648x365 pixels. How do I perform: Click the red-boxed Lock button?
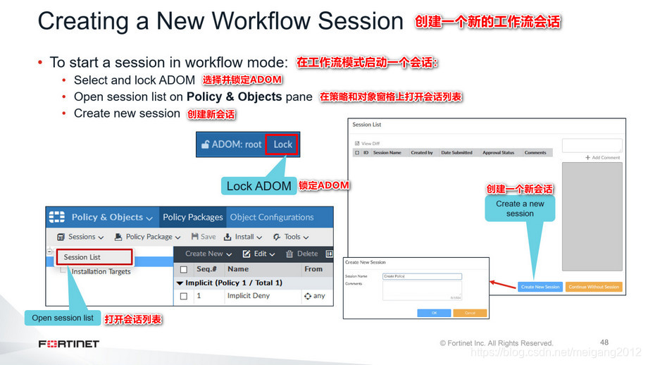coord(282,144)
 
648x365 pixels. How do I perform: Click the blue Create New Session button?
coord(540,287)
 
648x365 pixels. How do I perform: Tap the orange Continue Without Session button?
coord(593,287)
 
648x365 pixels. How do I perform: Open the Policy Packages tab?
coord(192,217)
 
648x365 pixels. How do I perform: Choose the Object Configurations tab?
coord(271,217)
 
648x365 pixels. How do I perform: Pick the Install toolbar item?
coord(239,237)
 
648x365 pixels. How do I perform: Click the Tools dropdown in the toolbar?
coord(291,237)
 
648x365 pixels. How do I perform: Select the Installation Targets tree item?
coord(100,271)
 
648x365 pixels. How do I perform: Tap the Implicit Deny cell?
coord(248,296)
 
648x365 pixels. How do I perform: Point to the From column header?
coord(313,268)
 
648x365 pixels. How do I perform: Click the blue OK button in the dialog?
coord(434,312)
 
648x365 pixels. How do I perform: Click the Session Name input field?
coord(422,276)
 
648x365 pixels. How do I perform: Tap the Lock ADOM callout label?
coord(258,186)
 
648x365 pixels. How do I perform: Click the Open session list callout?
coord(63,318)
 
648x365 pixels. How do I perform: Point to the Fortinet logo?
coord(69,344)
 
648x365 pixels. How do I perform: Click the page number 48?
coord(604,342)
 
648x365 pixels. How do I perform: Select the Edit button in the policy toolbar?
coord(254,254)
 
